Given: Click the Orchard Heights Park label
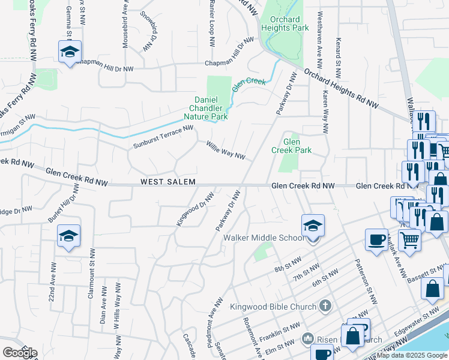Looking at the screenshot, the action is (x=280, y=23).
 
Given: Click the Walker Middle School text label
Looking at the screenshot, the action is (x=264, y=238).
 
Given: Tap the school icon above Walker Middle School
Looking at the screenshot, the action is (x=313, y=226).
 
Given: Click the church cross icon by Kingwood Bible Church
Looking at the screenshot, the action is (x=325, y=306).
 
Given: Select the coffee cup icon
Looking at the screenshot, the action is (x=376, y=239).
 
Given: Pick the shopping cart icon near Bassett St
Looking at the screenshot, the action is (x=409, y=239).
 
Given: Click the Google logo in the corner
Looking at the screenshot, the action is (x=20, y=353).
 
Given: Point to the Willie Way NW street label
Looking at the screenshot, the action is (x=226, y=150).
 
